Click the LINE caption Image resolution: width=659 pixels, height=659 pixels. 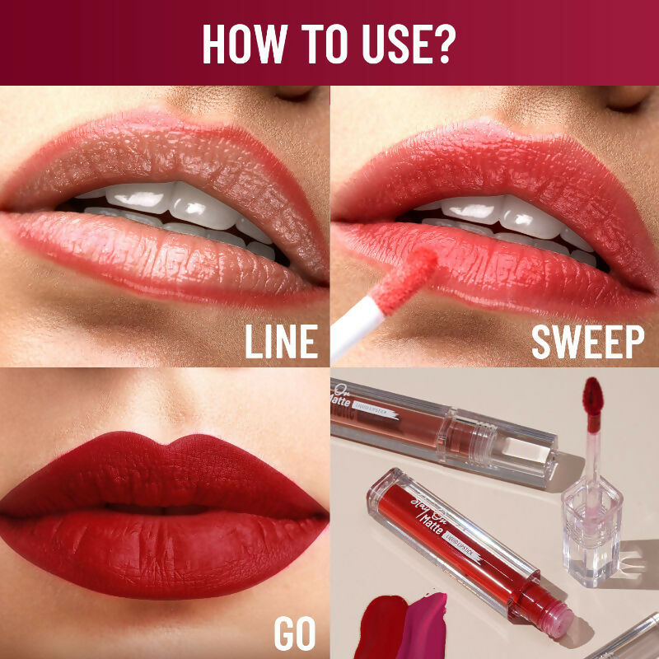[x=280, y=342]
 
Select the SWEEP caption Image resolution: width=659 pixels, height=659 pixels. [x=587, y=342]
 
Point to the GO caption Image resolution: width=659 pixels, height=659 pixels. [x=294, y=634]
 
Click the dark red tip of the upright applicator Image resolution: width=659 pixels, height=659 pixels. [x=593, y=395]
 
